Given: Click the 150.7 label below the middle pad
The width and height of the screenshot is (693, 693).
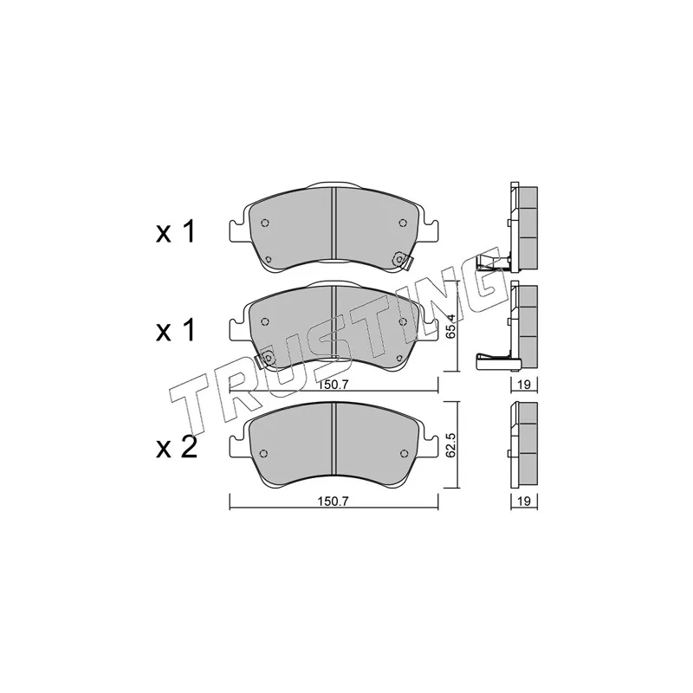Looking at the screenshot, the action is [x=334, y=385].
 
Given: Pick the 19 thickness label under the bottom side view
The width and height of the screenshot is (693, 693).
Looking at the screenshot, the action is [x=524, y=502].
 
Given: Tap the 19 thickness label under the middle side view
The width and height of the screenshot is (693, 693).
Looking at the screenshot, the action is [x=524, y=385].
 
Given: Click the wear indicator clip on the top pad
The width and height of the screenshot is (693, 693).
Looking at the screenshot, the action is [x=402, y=261].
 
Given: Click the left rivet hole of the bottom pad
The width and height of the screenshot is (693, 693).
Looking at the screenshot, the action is [x=264, y=454].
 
